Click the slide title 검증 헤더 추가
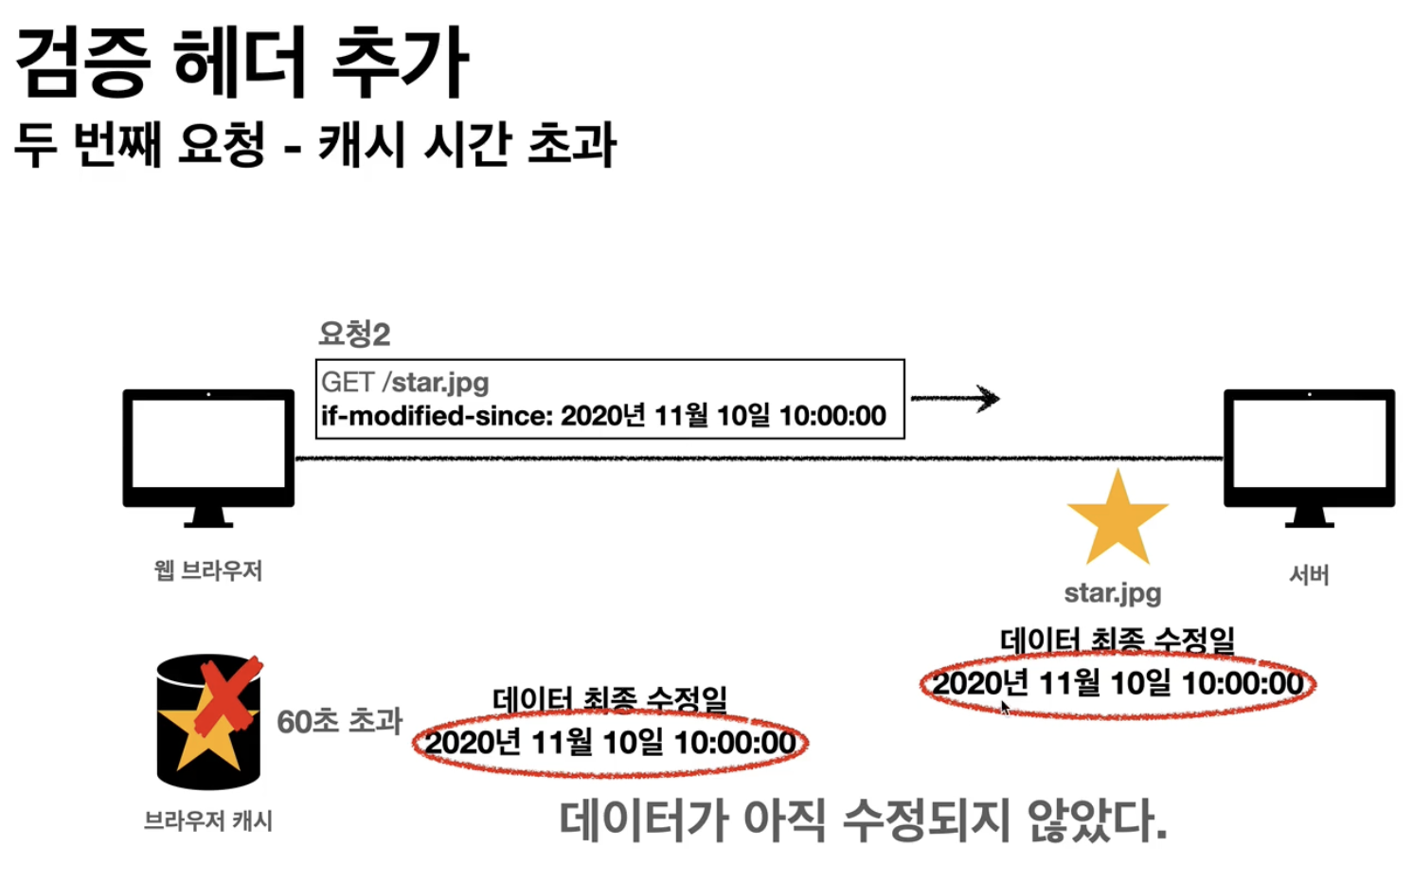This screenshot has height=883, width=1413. tap(241, 63)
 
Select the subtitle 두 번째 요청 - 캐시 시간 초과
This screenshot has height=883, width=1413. tap(314, 145)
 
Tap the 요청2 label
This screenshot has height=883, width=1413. tap(354, 333)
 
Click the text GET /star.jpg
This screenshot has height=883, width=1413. tap(405, 382)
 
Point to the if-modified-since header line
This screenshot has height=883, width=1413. tap(603, 416)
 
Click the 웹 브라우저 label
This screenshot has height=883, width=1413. tap(208, 570)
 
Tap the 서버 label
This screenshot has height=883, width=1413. tap(1309, 574)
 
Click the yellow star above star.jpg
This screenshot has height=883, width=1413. tap(1118, 519)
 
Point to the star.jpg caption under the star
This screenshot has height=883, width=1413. tap(1113, 593)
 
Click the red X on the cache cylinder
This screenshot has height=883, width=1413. tap(227, 696)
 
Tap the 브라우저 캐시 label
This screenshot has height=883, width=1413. tap(208, 820)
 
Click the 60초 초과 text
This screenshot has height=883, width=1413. tap(339, 722)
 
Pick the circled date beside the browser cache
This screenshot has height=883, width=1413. tap(610, 743)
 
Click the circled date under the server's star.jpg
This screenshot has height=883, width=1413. tap(1118, 683)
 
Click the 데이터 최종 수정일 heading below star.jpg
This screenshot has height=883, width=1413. tap(1118, 640)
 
